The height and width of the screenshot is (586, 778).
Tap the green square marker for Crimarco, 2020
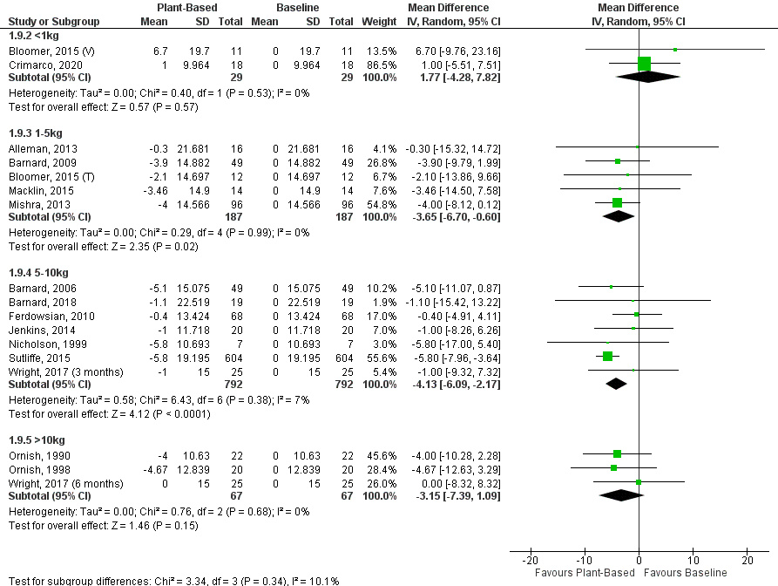point(644,64)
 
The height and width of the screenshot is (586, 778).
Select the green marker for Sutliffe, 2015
point(607,356)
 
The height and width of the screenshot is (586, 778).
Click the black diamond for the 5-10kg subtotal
point(616,383)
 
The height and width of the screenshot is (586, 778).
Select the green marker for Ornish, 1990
point(617,453)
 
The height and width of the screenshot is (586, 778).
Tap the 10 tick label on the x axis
point(693,560)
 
